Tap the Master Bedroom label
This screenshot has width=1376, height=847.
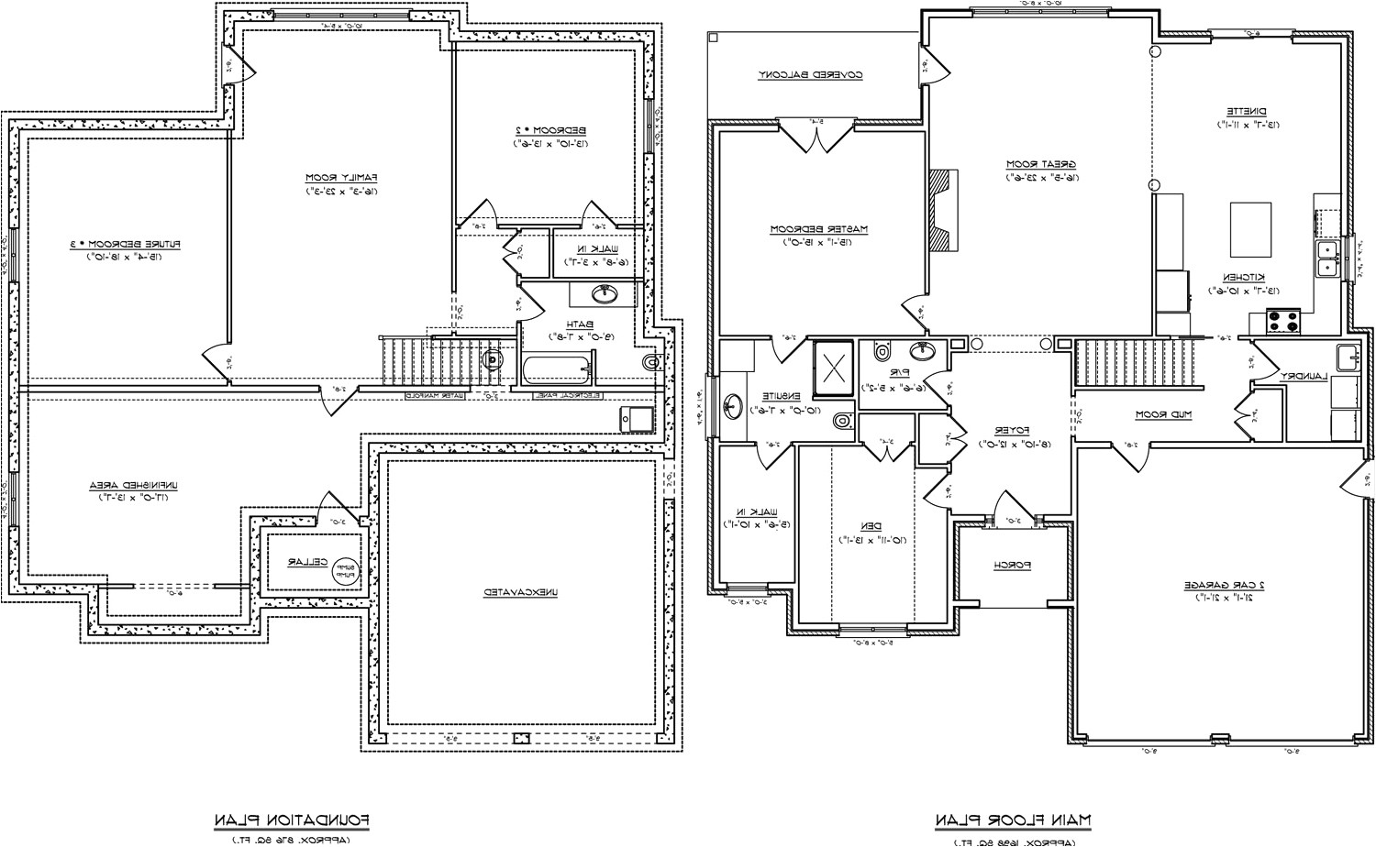tap(818, 228)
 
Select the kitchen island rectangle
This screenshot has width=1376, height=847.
tap(1249, 230)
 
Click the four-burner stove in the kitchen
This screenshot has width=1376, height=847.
tap(1283, 322)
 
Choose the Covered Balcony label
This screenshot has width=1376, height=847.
tap(811, 75)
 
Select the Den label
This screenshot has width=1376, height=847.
tap(871, 526)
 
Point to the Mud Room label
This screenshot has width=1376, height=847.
tap(1163, 414)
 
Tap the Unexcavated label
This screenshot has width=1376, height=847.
tap(520, 593)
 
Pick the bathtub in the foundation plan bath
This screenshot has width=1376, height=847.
tap(558, 371)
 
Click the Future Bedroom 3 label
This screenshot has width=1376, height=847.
tap(125, 244)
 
